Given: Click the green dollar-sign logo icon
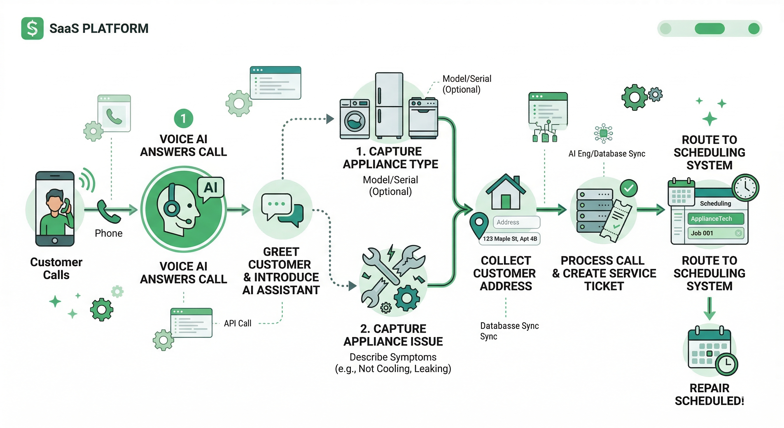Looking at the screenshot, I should click(x=32, y=28).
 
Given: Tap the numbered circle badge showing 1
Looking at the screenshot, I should click(x=183, y=118).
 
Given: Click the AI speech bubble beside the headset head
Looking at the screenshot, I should click(x=210, y=188).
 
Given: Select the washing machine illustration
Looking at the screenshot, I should click(x=355, y=119).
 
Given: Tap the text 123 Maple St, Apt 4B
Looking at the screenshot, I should click(x=510, y=239).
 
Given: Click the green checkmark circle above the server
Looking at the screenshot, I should click(x=629, y=188).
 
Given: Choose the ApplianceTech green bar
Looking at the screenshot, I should click(x=715, y=219).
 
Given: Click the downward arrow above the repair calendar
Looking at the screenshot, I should click(x=709, y=308).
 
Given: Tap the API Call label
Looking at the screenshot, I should click(x=237, y=323).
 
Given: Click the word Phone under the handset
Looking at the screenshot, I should click(x=109, y=233).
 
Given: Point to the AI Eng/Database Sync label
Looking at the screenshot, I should click(x=607, y=154).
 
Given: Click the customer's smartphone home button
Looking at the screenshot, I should click(x=55, y=240).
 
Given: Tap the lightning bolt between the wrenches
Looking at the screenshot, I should click(x=391, y=252).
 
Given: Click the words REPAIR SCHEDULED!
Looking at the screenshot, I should click(x=709, y=395).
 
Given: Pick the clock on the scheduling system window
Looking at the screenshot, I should click(x=745, y=187).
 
